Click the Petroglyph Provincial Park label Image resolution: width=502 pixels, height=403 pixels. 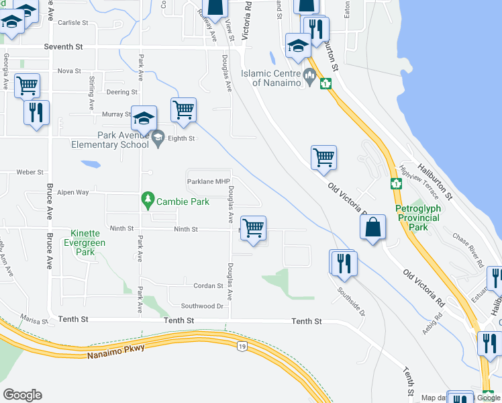(x=421, y=218)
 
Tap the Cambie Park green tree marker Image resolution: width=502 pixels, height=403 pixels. (x=148, y=200)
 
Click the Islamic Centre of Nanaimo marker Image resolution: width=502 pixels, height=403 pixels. (x=309, y=75)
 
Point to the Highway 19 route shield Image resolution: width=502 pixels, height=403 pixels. (x=241, y=345)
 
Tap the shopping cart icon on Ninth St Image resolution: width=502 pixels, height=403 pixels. (x=254, y=228)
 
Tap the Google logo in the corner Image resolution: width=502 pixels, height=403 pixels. (x=22, y=395)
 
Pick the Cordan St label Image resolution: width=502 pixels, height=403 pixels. (x=208, y=286)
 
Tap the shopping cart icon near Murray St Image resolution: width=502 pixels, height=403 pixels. (x=183, y=109)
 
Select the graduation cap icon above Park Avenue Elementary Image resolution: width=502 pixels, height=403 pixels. (x=144, y=118)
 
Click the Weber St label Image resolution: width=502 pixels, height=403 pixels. (x=30, y=173)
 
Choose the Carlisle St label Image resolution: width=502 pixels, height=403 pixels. (x=72, y=23)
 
